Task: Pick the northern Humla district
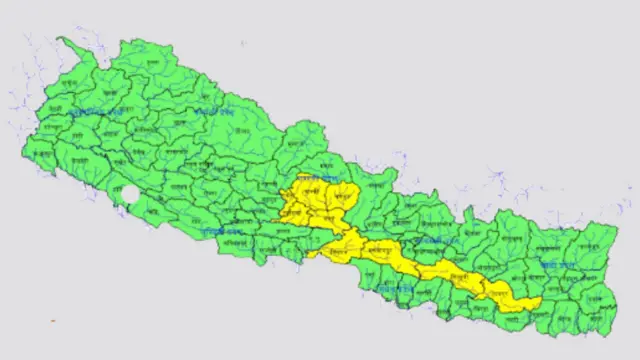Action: click(165, 60)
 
